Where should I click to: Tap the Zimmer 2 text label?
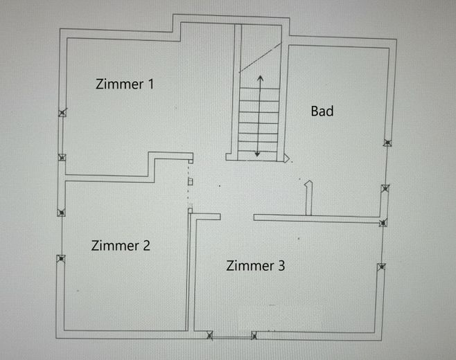tap(121, 245)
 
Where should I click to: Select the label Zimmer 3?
tap(256, 265)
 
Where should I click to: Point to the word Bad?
tap(322, 111)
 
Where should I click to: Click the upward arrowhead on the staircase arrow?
tap(259, 79)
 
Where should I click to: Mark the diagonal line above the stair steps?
tap(260, 57)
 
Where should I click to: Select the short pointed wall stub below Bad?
tap(309, 198)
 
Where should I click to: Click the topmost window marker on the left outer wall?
tap(62, 113)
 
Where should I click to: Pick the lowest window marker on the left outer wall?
tap(61, 260)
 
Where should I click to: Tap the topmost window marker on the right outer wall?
tap(388, 143)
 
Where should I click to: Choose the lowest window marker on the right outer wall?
tap(380, 267)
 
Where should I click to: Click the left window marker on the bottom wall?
tap(211, 336)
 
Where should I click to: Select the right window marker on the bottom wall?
tap(254, 336)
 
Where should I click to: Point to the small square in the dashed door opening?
tap(190, 181)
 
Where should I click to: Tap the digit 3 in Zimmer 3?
tap(281, 265)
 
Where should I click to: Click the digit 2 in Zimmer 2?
tap(146, 245)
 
